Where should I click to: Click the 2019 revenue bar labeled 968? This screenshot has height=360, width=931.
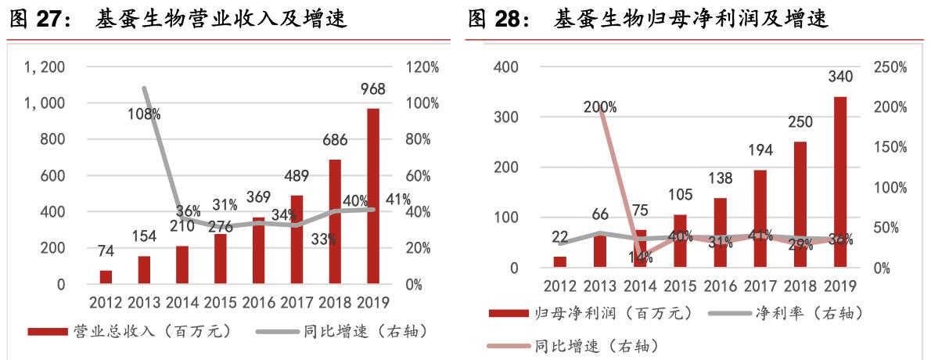(373, 196)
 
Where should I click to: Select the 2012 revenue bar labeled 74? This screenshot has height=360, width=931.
(106, 277)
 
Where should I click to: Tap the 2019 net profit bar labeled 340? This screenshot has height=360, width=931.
(840, 182)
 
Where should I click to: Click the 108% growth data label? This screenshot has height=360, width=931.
(145, 114)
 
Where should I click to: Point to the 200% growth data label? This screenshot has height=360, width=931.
(600, 106)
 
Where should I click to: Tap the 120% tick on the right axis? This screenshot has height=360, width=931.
(422, 67)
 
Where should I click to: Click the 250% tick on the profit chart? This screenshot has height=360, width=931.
(890, 67)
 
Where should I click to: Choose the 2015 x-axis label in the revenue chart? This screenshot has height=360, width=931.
(221, 302)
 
